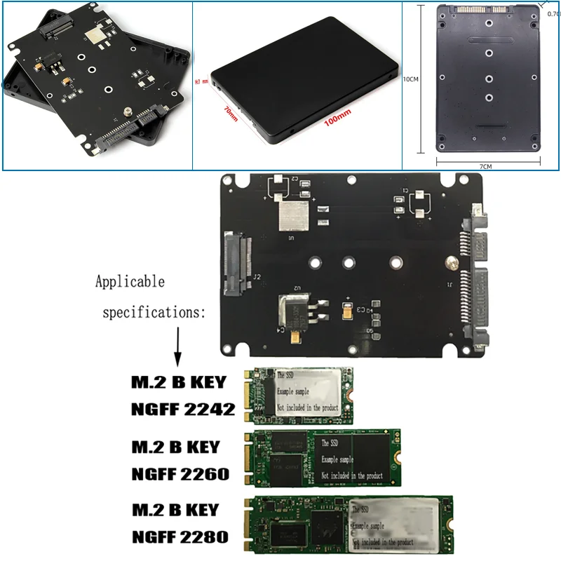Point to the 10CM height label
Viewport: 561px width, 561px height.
click(x=410, y=79)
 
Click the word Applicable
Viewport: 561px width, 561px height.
click(x=130, y=282)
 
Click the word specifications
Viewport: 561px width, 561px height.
click(x=154, y=312)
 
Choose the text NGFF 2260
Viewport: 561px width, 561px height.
click(x=180, y=474)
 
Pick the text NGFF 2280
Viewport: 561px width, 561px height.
click(x=180, y=537)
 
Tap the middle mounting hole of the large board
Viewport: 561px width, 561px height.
click(x=348, y=264)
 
